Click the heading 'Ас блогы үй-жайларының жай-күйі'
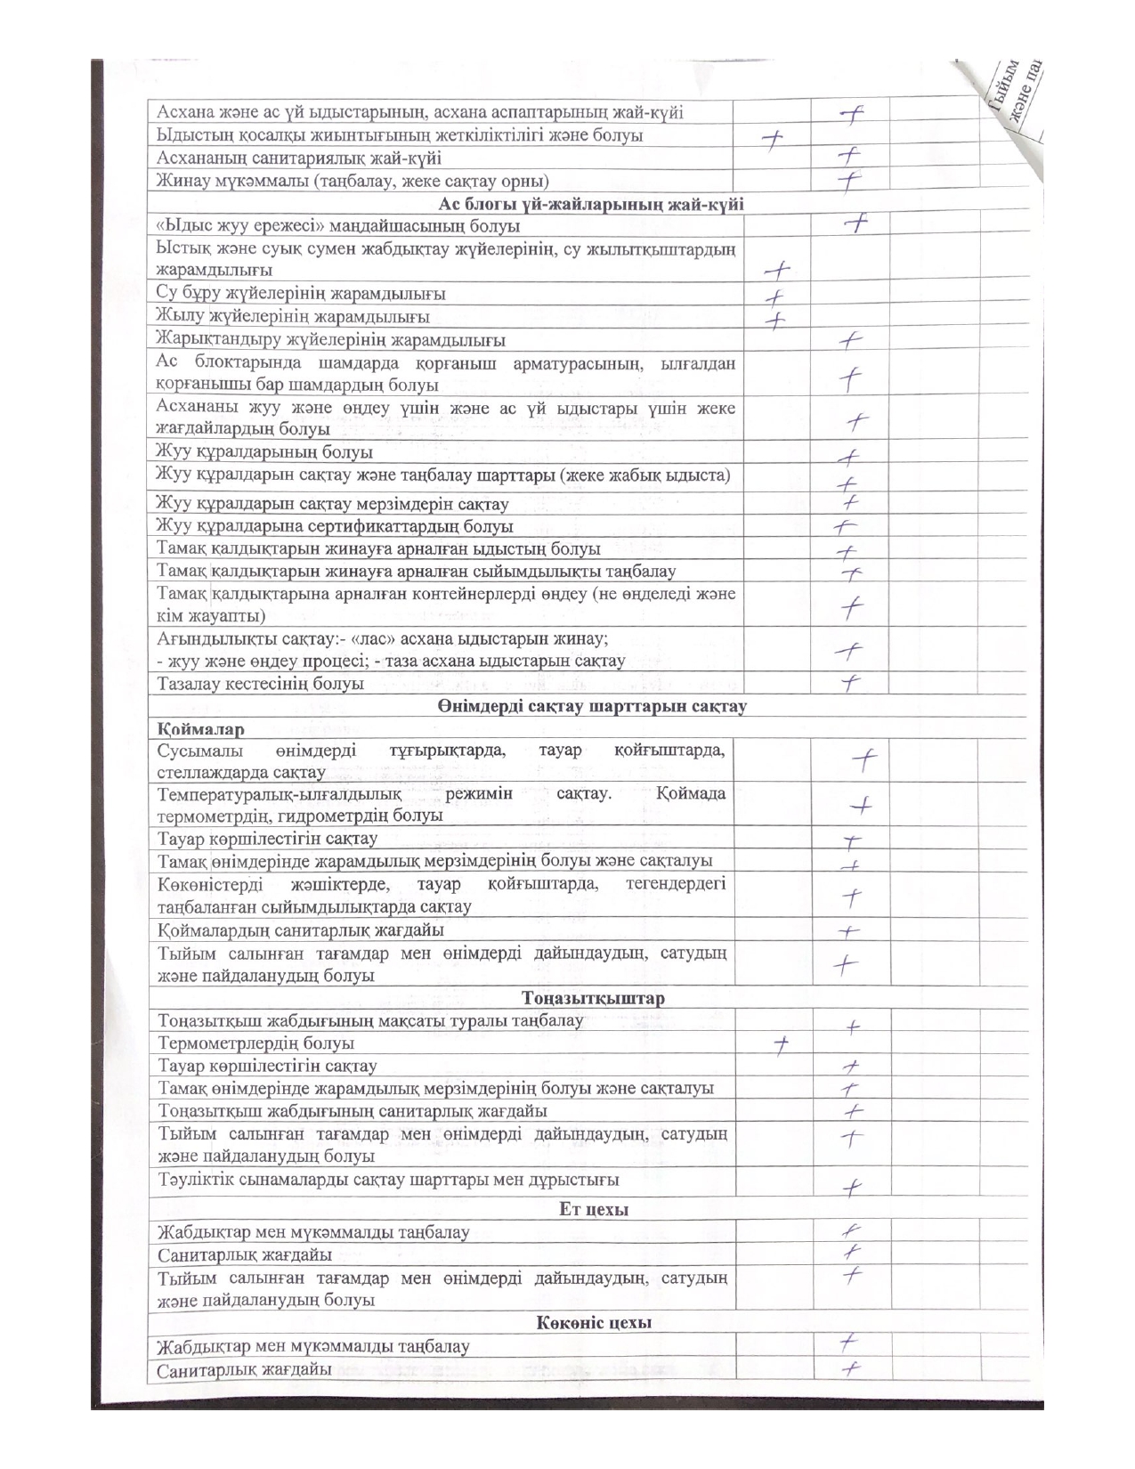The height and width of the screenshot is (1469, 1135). (x=590, y=204)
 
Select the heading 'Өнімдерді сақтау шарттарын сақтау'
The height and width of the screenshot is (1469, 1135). (x=591, y=707)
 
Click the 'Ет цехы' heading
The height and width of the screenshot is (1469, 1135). (x=594, y=1210)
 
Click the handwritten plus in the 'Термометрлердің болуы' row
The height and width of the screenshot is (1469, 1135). (x=781, y=1046)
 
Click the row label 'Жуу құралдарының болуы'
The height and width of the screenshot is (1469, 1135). (x=264, y=453)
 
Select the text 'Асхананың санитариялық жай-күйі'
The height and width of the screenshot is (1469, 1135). (x=299, y=158)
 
